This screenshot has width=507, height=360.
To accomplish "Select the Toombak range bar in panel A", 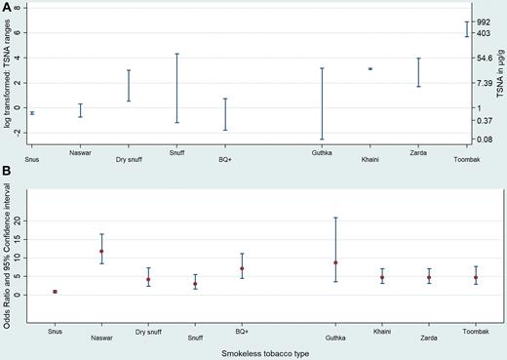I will [x=466, y=29].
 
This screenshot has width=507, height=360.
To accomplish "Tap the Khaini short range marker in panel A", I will [x=370, y=68].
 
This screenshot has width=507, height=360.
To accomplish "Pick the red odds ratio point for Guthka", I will [x=335, y=262].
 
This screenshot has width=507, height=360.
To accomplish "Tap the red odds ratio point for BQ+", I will [x=242, y=268].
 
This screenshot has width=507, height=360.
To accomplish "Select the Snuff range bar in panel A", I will [x=176, y=88].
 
